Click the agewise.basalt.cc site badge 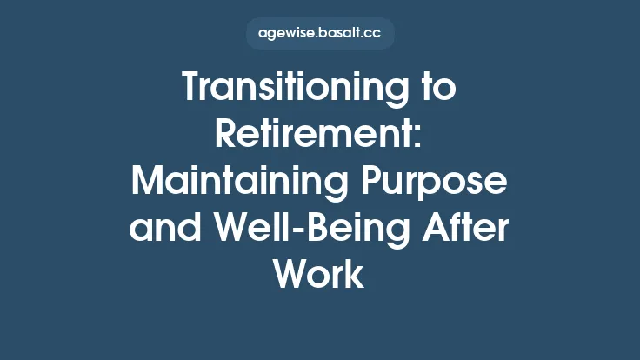click(x=320, y=34)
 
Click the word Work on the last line click(x=319, y=274)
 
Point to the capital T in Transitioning click(x=192, y=88)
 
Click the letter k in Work click(x=355, y=274)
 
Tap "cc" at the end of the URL click(x=371, y=34)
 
